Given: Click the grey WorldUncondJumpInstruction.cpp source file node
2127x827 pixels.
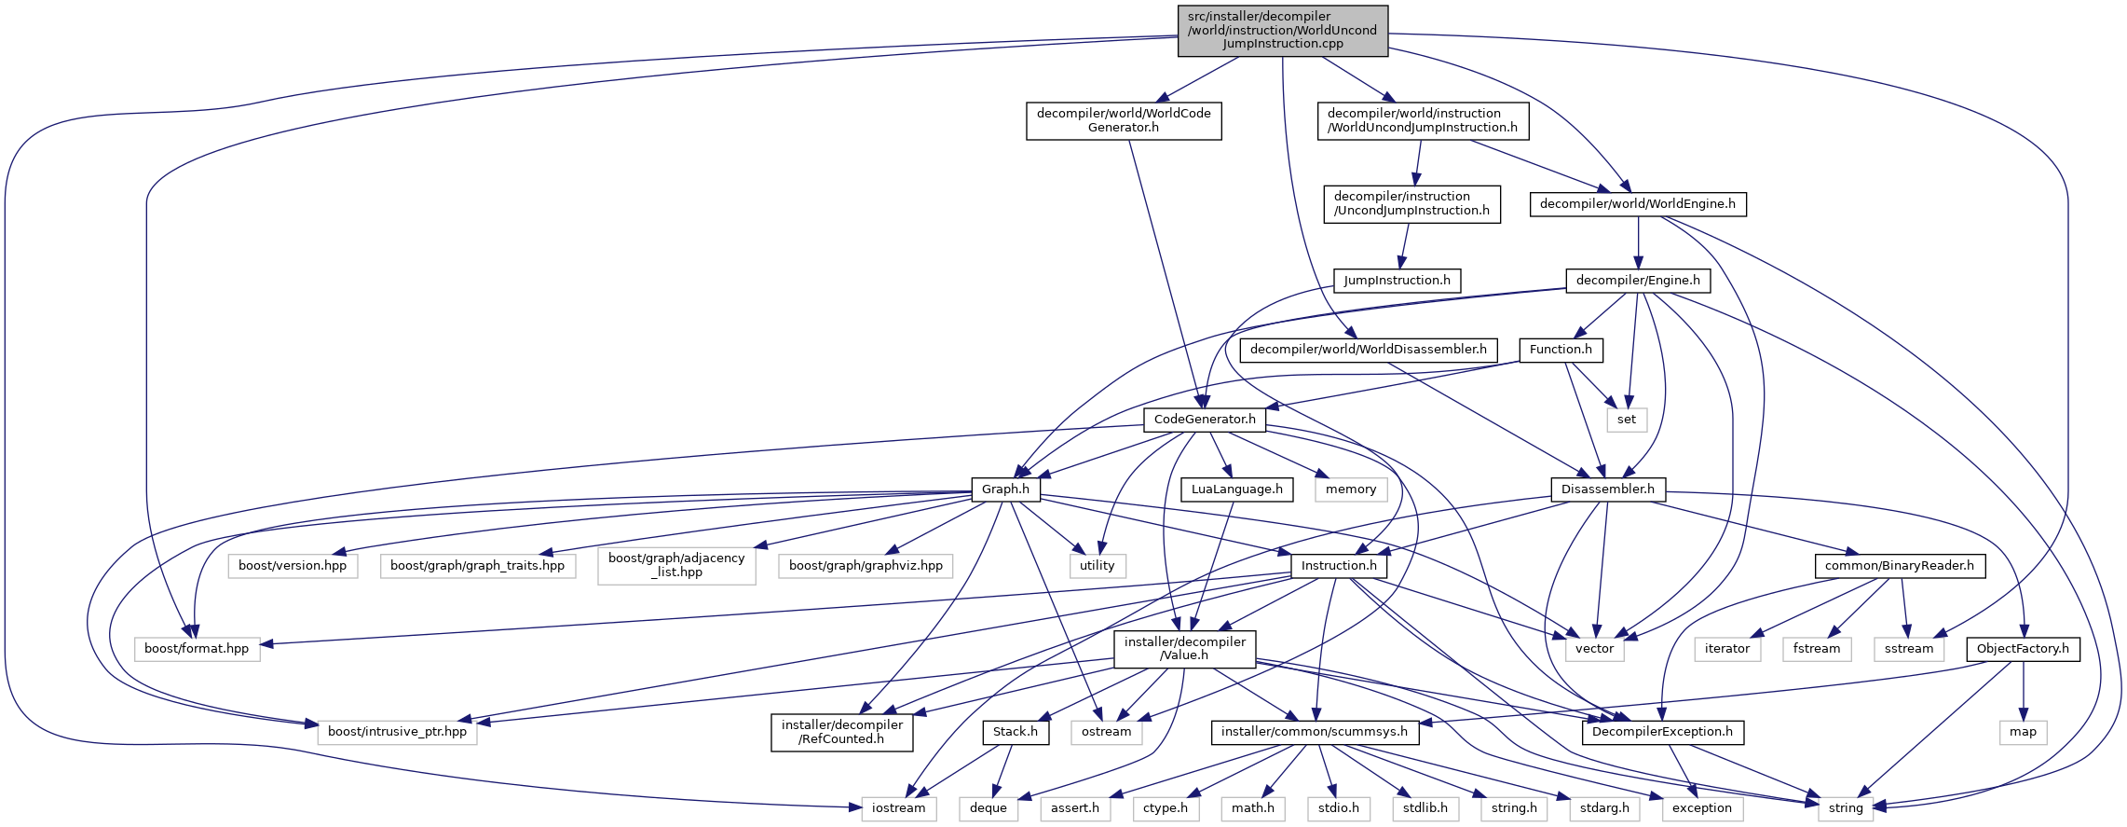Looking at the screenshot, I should (x=1282, y=31).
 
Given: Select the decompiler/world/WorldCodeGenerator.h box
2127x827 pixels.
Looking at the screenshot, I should (x=1124, y=121).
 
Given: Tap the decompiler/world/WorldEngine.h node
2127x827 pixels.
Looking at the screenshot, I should (x=1637, y=204).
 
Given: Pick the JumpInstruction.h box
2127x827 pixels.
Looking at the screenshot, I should (x=1397, y=281).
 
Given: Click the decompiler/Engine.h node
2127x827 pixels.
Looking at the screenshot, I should (x=1637, y=281).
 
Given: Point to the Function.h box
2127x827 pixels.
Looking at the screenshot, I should (x=1561, y=350).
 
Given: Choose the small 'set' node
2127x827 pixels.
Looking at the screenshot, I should (x=1626, y=420).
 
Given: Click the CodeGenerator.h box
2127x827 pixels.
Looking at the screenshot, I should (x=1204, y=420).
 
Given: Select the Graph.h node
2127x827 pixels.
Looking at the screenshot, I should (x=1005, y=489).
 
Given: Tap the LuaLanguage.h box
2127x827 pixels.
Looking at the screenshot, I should (x=1236, y=489).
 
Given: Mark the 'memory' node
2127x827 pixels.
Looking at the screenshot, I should (x=1350, y=489).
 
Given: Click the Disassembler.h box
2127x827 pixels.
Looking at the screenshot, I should (x=1607, y=489).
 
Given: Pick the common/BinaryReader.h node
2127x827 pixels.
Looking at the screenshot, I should (x=1899, y=566).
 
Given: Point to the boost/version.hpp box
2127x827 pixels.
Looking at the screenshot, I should (x=293, y=566).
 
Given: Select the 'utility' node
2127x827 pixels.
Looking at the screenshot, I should (x=1097, y=566).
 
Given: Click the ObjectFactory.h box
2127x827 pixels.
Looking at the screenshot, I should (x=2022, y=649).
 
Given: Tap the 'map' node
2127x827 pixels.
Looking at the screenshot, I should (x=2023, y=732).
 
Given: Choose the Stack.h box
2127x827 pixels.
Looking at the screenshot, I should (x=1015, y=732).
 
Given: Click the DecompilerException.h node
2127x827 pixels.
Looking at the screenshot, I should (x=1661, y=732).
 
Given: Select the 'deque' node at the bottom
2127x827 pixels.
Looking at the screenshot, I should (x=988, y=808).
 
